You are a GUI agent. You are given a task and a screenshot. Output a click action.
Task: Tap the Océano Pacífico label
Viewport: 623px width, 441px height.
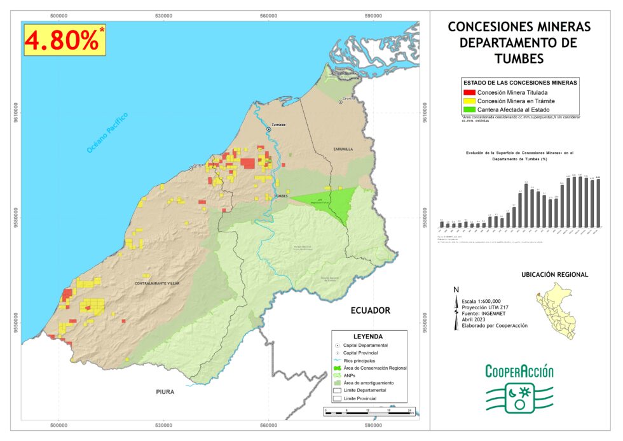point(107,132)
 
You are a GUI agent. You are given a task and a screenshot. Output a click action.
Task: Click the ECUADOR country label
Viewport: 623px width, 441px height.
point(370,311)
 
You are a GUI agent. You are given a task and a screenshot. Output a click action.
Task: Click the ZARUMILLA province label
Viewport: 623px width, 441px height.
point(342,149)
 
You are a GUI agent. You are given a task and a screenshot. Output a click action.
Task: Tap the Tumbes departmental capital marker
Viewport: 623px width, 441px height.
point(269,129)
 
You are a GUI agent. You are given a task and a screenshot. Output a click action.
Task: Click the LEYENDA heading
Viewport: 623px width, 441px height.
point(367,336)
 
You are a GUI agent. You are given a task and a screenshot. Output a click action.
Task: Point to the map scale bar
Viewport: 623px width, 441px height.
point(369,413)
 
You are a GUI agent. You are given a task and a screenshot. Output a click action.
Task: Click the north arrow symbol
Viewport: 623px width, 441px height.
point(456,309)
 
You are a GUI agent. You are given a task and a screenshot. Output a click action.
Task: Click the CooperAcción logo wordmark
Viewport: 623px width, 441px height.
point(519,372)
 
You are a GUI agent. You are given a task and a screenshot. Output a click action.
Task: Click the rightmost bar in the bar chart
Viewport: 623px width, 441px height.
point(598,202)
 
